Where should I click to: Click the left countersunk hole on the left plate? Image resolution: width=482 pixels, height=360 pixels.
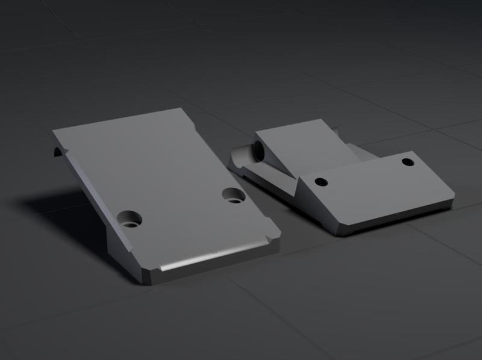point(130,219)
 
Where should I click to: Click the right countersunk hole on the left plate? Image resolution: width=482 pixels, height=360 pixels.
point(233,195)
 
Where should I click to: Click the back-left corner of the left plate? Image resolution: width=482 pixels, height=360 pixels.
point(55,132)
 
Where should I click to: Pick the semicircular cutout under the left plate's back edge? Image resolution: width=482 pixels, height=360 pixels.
point(58,151)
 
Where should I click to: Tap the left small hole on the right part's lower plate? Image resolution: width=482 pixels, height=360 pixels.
point(321,181)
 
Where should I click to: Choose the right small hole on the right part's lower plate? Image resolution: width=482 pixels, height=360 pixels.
point(408,161)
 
